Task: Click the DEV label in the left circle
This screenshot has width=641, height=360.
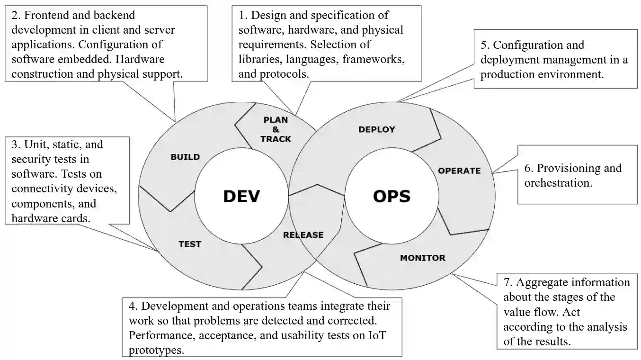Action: (x=241, y=196)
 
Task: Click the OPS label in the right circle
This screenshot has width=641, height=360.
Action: (x=392, y=196)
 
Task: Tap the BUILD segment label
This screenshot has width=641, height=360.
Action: (x=185, y=157)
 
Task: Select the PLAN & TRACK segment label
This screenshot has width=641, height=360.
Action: (x=276, y=129)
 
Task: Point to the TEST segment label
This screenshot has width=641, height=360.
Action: (x=189, y=244)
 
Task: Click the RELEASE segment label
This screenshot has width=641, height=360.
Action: (x=303, y=234)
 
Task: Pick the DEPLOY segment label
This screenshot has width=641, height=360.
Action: (x=376, y=129)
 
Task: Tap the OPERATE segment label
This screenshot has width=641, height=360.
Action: (x=459, y=171)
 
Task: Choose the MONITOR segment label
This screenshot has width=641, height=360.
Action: (x=422, y=258)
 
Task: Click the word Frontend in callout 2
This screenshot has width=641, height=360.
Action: (x=46, y=15)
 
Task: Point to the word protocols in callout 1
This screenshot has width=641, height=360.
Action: (x=284, y=74)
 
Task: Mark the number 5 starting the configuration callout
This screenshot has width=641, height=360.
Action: (x=484, y=45)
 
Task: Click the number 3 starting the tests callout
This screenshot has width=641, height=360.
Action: (x=14, y=144)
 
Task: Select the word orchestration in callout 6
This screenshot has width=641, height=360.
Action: (x=558, y=183)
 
